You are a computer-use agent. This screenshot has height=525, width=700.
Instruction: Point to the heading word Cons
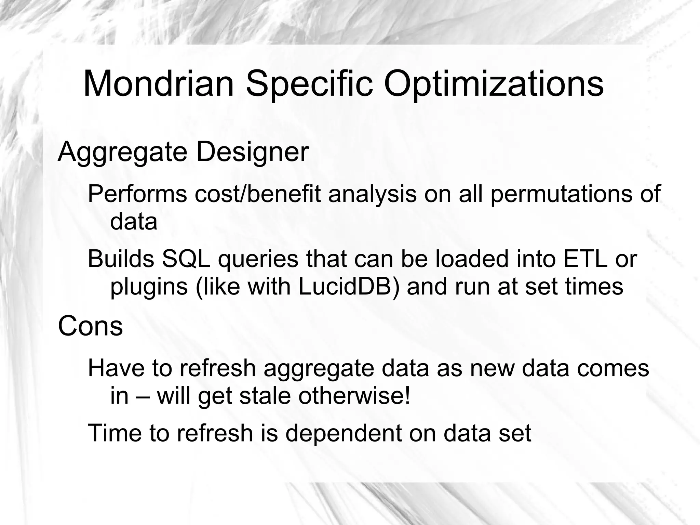pos(90,326)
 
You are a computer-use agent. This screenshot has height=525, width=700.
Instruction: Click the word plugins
pos(149,287)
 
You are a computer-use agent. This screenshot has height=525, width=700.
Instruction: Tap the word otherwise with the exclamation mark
pos(354,396)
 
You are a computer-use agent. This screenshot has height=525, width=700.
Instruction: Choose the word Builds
pos(121,259)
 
